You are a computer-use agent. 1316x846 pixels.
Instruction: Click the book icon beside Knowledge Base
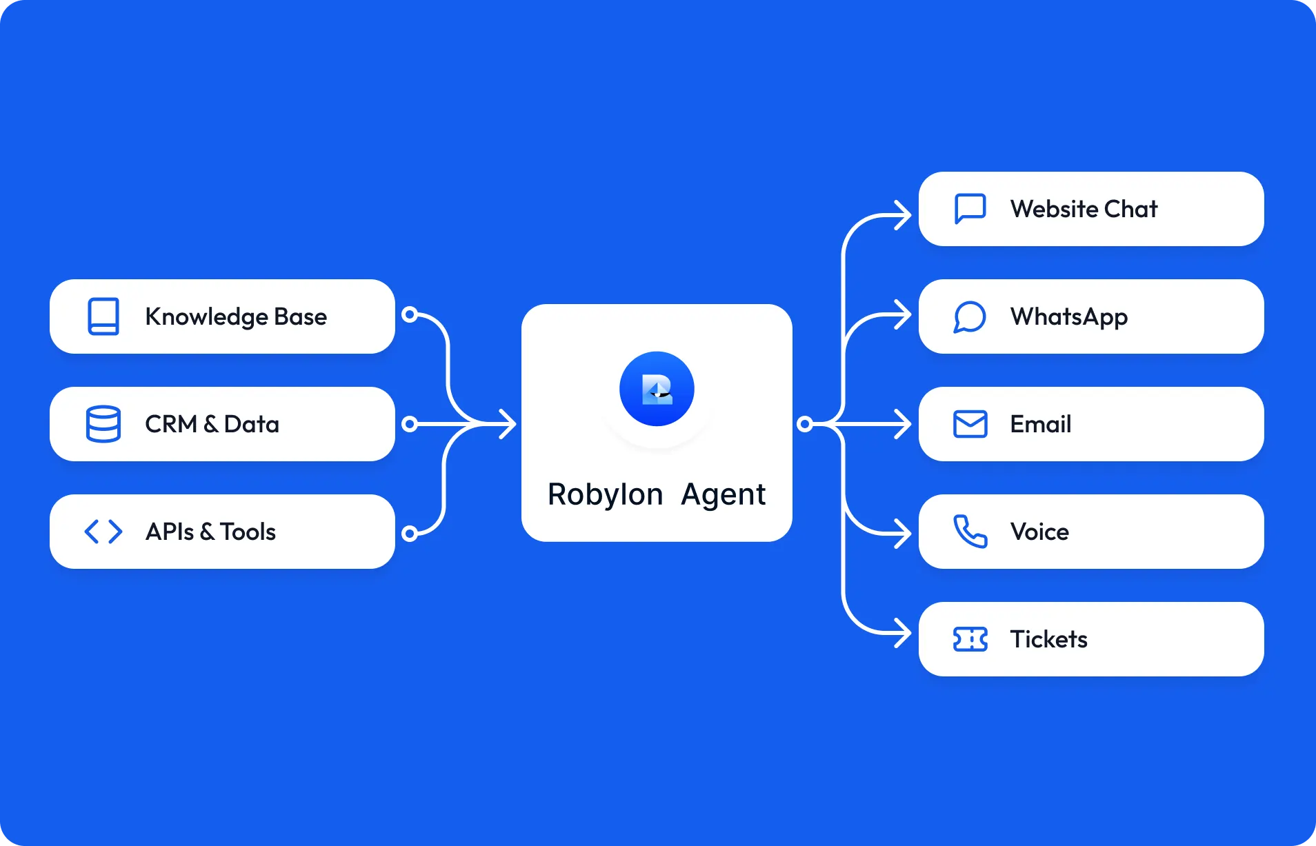[x=103, y=316]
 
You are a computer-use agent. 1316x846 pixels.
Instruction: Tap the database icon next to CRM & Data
[x=103, y=424]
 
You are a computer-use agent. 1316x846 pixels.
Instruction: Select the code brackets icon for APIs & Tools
[x=103, y=532]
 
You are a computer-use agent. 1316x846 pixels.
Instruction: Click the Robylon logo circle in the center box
[x=657, y=389]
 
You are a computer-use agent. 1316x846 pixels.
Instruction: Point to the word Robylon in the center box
[x=605, y=494]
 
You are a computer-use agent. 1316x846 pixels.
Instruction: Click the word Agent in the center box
[x=723, y=494]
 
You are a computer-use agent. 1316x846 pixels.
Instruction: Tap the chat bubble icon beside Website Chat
[x=970, y=209]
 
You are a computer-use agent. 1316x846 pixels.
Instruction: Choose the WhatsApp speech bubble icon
[x=970, y=316]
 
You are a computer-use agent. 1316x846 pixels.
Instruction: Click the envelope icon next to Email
[x=970, y=424]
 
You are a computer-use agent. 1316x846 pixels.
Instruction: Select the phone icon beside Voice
[x=970, y=532]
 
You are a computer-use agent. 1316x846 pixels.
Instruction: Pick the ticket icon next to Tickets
[x=970, y=639]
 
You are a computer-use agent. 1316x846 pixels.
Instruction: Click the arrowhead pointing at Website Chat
[x=904, y=215]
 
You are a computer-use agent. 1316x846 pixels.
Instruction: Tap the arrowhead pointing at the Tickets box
[x=904, y=632]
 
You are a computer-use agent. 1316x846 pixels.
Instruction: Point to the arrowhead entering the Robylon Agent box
[x=508, y=424]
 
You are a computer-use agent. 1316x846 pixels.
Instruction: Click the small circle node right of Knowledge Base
[x=410, y=315]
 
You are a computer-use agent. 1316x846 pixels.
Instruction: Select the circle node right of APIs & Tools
[x=410, y=533]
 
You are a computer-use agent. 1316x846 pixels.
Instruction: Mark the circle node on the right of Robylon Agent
[x=804, y=424]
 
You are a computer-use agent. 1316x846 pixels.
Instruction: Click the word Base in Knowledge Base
[x=300, y=316]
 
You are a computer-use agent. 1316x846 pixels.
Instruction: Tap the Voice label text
[x=1039, y=532]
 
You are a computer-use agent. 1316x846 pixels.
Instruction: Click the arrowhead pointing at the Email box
[x=904, y=424]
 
